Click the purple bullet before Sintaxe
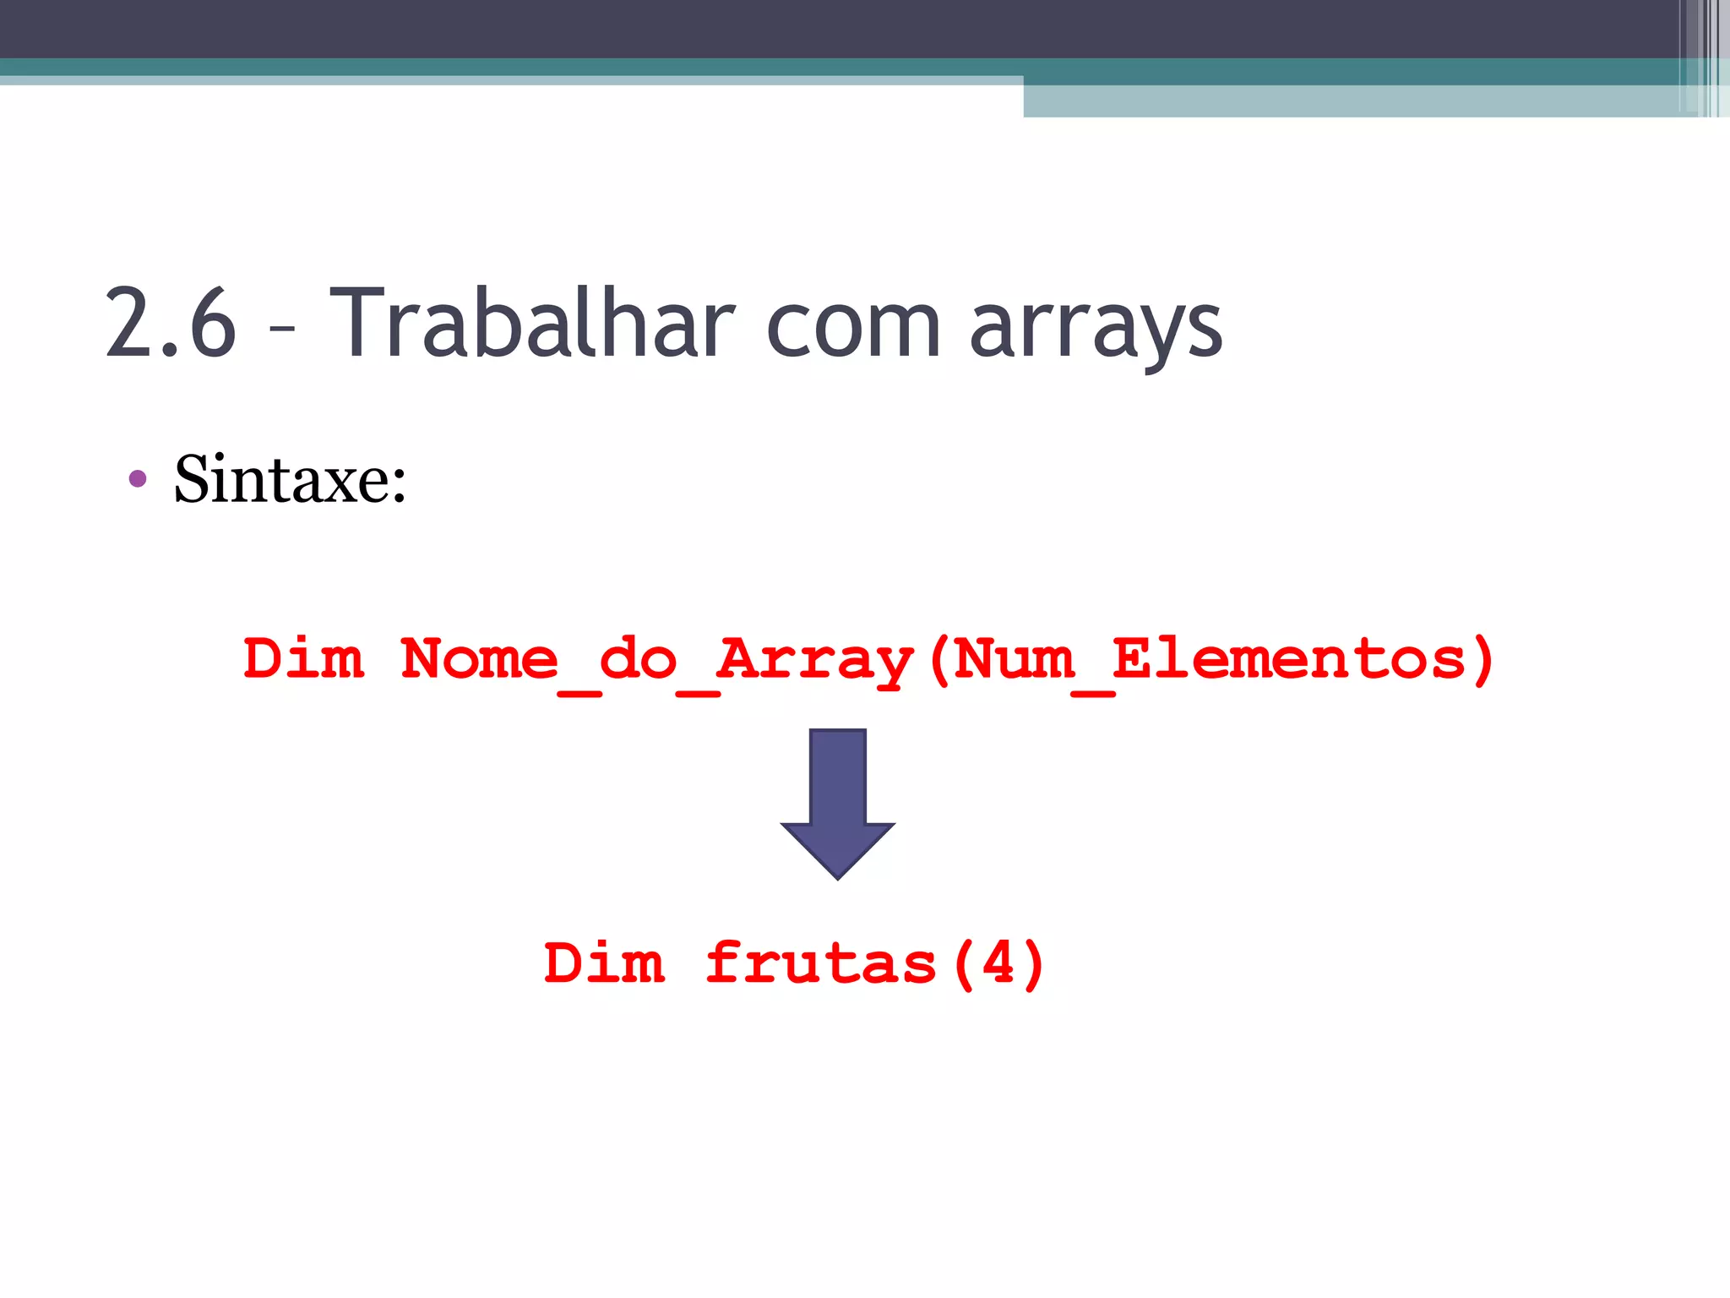pyautogui.click(x=138, y=480)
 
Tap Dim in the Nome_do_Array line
pyautogui.click(x=304, y=658)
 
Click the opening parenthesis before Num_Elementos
pyautogui.click(x=938, y=660)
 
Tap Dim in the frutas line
pyautogui.click(x=604, y=963)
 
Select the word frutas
pyautogui.click(x=821, y=963)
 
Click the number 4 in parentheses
pyautogui.click(x=998, y=963)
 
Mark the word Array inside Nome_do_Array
pyautogui.click(x=815, y=662)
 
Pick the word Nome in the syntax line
pyautogui.click(x=479, y=658)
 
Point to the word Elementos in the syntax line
pyautogui.click(x=1289, y=658)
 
